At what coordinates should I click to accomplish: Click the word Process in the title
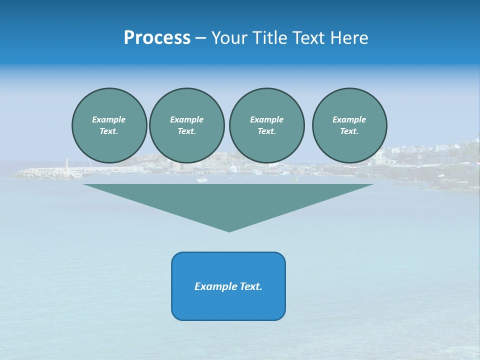point(157,38)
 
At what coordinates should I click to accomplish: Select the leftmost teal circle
point(109,125)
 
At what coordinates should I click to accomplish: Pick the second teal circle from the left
point(187,125)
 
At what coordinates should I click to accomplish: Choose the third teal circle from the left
point(267,125)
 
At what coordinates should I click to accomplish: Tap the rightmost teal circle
point(349,125)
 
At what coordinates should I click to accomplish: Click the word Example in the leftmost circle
point(109,119)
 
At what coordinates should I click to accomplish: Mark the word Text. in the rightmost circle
point(349,131)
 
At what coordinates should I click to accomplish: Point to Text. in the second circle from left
point(187,131)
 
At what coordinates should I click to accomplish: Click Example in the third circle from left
point(267,119)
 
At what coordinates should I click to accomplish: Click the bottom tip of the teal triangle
point(229,230)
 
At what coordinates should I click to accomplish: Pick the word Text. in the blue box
point(251,286)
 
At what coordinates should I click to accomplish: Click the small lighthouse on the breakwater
point(67,163)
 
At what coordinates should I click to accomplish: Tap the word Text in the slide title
point(309,38)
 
